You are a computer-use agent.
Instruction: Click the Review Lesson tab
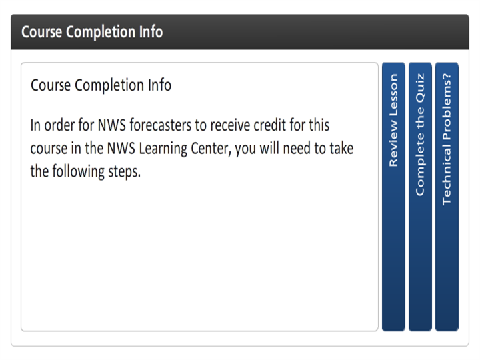click(x=393, y=197)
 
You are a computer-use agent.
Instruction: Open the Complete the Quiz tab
click(x=420, y=197)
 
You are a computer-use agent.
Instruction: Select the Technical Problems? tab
click(x=447, y=197)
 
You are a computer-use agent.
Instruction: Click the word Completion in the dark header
click(x=101, y=32)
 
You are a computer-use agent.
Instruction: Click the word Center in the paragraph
click(x=211, y=149)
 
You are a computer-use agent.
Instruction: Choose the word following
click(x=78, y=171)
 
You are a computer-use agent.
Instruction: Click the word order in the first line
click(x=59, y=125)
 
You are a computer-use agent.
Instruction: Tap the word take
click(x=341, y=149)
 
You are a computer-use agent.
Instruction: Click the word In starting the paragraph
click(x=35, y=125)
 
